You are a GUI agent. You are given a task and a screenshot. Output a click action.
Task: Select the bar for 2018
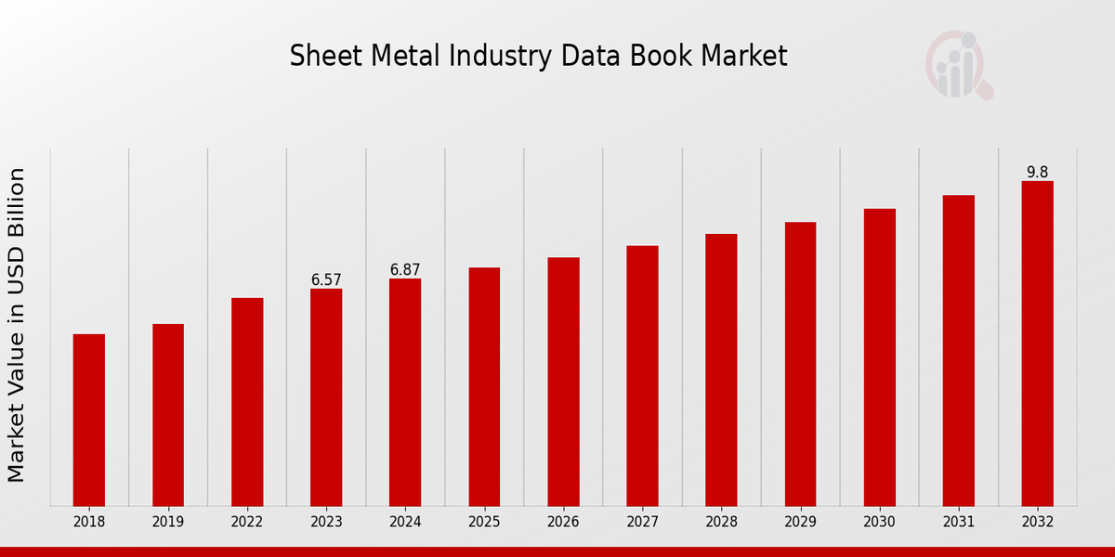(89, 420)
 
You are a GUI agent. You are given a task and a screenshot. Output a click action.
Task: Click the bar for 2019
(168, 415)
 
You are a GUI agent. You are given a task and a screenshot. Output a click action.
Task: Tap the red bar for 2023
(326, 397)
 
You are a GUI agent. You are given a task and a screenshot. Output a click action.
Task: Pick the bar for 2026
(563, 382)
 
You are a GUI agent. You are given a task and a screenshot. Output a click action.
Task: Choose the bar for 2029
(800, 364)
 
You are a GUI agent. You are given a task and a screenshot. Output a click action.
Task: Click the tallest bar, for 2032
(1037, 343)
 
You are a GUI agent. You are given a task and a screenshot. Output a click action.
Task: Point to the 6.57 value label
(326, 279)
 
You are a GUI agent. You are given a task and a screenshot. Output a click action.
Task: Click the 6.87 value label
(405, 269)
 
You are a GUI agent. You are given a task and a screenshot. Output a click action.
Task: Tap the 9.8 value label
(1037, 172)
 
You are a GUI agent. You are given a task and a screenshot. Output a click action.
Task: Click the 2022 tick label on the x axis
(247, 522)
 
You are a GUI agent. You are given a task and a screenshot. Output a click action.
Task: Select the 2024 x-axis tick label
(405, 522)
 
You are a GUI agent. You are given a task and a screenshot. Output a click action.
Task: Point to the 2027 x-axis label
(642, 522)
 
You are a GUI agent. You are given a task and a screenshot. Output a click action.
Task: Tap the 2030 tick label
(879, 522)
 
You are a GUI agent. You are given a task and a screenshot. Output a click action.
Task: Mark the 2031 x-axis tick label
(958, 522)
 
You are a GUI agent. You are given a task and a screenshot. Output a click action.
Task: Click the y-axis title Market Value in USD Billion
(17, 325)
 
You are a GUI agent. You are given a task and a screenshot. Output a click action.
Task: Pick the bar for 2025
(484, 386)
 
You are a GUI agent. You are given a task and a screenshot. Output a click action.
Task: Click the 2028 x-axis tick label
(721, 522)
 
